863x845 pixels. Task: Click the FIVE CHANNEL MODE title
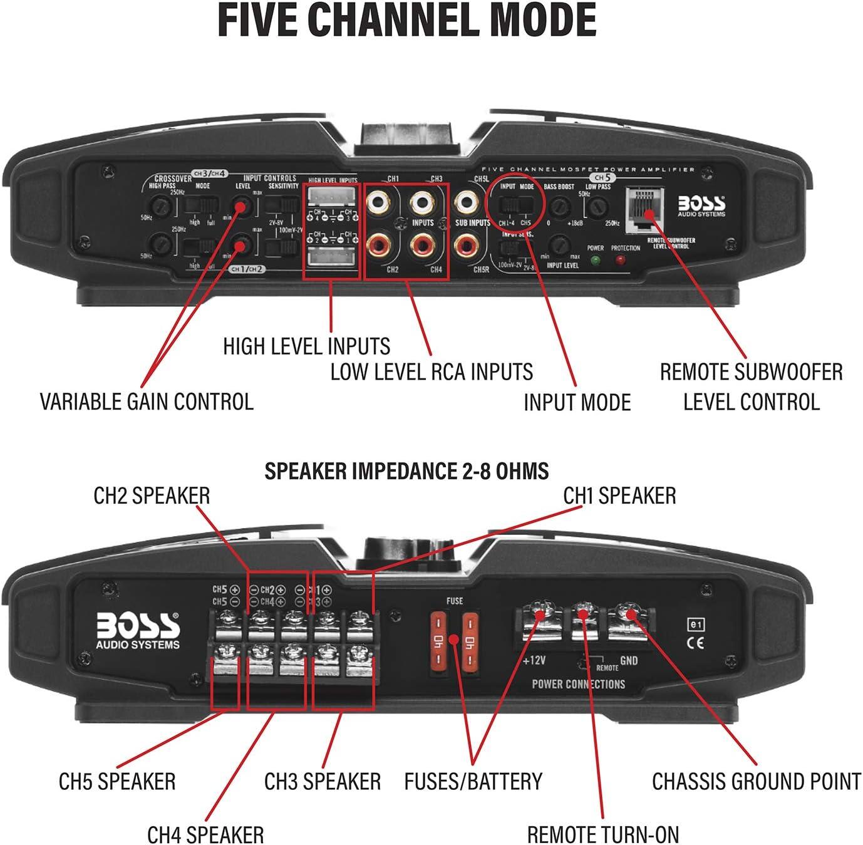(406, 21)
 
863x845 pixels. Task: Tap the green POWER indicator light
(595, 261)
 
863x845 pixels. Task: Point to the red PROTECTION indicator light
(621, 261)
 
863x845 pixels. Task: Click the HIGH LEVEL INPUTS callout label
(306, 346)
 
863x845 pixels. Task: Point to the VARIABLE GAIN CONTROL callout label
(147, 402)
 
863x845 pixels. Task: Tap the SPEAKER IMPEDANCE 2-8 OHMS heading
(406, 471)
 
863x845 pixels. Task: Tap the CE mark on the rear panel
(696, 643)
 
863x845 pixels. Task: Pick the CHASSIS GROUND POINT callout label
(757, 781)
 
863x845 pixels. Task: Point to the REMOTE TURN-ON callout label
(602, 834)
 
